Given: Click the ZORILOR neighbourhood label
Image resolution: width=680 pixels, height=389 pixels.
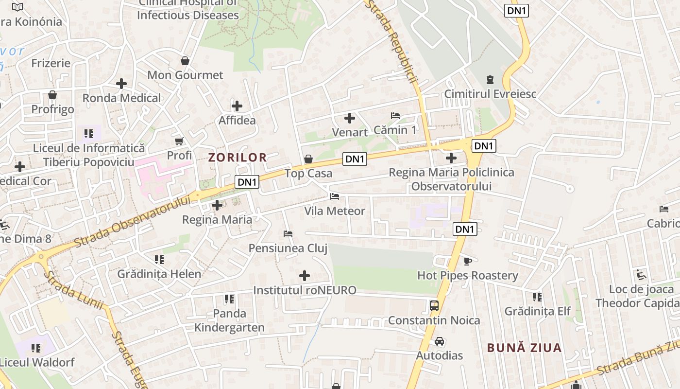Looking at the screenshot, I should (238, 157).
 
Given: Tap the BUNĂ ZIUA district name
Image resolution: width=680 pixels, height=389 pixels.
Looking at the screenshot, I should (524, 348).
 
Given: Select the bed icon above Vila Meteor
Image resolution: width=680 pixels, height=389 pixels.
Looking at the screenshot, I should (334, 196).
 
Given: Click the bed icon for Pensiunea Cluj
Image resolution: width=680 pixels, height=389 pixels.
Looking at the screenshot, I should (288, 234).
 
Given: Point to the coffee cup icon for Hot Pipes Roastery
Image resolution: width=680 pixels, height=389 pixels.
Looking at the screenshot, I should (467, 261).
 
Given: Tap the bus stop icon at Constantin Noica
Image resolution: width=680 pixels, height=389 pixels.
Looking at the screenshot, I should (434, 306).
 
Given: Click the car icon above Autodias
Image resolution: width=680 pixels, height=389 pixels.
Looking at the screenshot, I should (439, 341).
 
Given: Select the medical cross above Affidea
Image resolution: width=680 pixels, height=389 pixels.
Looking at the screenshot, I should (237, 106).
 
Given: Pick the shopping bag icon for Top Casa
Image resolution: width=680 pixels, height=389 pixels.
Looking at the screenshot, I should (308, 159).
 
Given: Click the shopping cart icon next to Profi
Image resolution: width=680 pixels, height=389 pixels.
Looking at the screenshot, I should (179, 141).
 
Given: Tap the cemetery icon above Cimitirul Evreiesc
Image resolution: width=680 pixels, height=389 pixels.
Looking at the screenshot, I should (490, 79).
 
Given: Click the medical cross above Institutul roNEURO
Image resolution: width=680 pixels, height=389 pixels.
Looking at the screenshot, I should (305, 276).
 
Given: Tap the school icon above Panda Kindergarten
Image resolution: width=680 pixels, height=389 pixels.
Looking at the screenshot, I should (229, 299).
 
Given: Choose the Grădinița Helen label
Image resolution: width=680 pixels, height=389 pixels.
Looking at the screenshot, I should (159, 274).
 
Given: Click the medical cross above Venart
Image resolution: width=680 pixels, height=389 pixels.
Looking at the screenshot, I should (349, 118).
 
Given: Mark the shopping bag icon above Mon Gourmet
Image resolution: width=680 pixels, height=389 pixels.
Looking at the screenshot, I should (185, 61).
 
